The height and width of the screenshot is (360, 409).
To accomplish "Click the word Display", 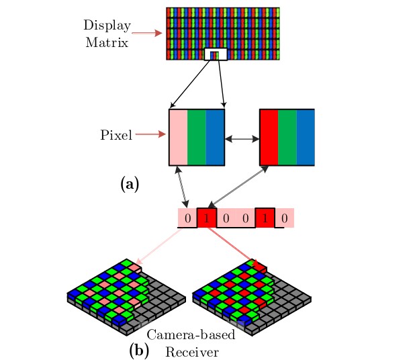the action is point(107,26).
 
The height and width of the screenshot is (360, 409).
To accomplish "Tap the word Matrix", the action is point(107,42).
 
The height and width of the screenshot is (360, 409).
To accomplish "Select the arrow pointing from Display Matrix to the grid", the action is point(147,33).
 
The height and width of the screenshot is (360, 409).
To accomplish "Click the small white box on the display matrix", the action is point(216,54).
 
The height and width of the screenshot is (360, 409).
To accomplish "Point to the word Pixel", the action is point(116,135).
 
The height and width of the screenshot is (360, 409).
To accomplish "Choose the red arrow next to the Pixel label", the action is point(150,134).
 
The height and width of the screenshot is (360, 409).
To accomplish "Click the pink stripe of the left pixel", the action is point(179,137).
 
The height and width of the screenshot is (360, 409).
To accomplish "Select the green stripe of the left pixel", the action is point(197,137).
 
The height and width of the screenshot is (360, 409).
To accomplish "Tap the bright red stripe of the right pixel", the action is point(269,137).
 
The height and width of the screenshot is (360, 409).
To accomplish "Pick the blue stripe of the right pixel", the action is point(306,137).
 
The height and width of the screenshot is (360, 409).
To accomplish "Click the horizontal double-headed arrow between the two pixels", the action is point(242,139).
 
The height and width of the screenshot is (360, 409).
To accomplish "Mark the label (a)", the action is point(130,184).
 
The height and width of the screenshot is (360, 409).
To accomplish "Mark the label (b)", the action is point(139,351).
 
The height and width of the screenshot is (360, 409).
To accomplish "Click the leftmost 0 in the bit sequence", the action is point(187,218).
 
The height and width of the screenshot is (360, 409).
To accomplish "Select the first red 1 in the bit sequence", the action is point(207,218).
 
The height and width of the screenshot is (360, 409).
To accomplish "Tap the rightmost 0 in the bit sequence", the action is point(285,218).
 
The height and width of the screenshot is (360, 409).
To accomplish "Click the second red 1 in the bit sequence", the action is point(265,218).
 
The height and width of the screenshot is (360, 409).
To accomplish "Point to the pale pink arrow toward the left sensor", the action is point(158,246).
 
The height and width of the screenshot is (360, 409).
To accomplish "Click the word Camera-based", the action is point(191,334).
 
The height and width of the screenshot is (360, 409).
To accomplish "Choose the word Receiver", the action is point(192,352).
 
